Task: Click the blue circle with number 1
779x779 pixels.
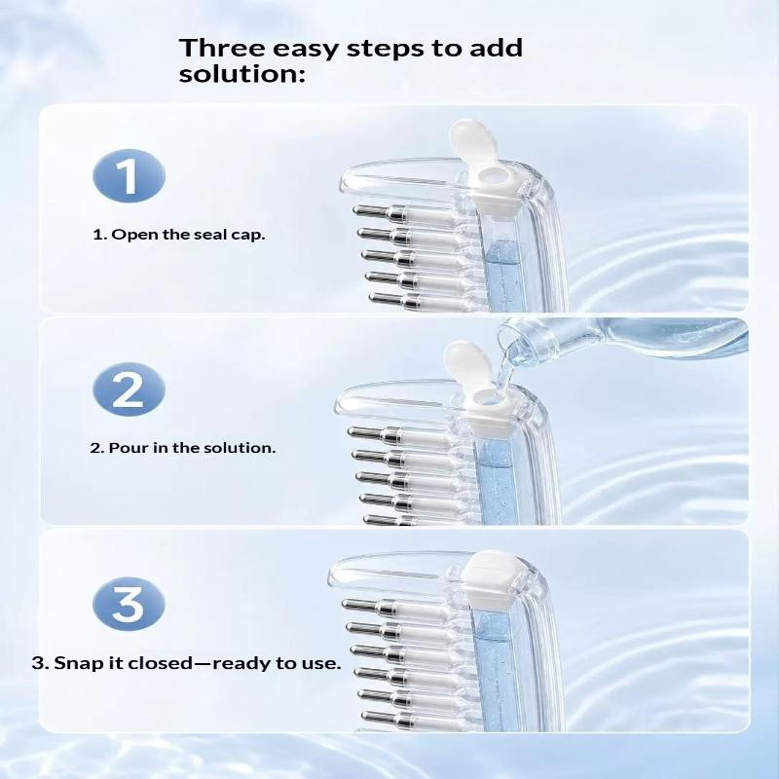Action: [x=129, y=175]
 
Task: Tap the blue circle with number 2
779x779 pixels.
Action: [x=129, y=389]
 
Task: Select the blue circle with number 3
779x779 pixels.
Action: [x=129, y=603]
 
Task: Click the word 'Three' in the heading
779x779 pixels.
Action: [x=222, y=48]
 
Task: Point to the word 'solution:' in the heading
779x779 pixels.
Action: [x=241, y=74]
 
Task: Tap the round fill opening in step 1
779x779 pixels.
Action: [x=492, y=175]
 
